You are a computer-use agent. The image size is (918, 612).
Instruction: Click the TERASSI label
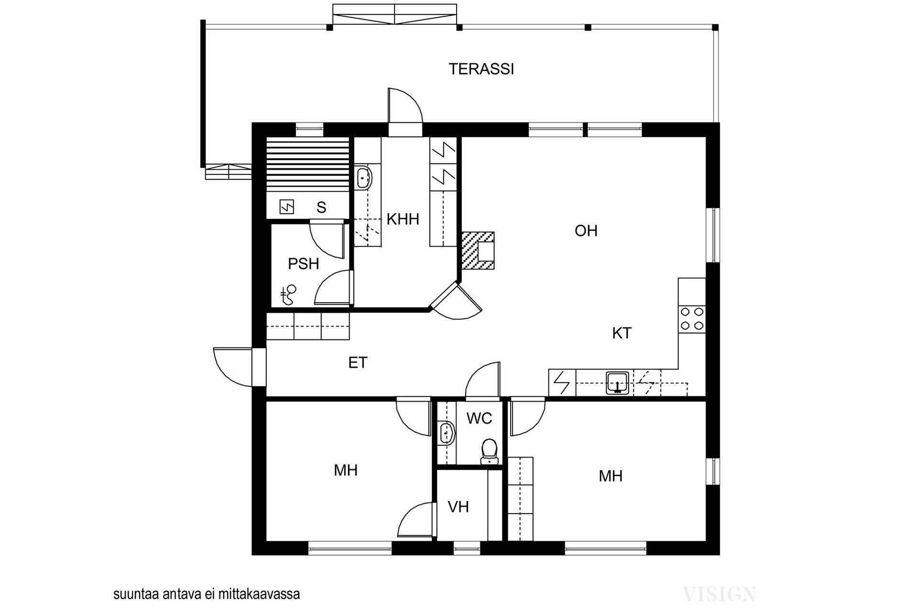(481, 69)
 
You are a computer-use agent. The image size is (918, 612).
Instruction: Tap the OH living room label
(586, 231)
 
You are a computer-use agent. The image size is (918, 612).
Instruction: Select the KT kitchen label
(622, 333)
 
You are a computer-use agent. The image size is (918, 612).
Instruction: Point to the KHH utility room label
(403, 219)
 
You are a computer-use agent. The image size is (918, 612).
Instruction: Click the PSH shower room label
(303, 263)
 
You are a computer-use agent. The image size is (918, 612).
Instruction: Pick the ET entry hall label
(358, 363)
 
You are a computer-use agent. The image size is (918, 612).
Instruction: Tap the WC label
(479, 418)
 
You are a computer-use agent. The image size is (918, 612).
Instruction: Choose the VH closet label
(458, 507)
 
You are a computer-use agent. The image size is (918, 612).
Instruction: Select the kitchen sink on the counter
(619, 383)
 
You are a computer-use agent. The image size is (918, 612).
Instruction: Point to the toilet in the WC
(489, 452)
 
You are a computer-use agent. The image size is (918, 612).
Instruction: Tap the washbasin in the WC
(446, 433)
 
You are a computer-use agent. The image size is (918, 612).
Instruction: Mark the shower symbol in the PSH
(289, 295)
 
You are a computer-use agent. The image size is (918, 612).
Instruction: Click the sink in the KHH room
(364, 178)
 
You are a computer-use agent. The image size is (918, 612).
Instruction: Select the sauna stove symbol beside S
(286, 207)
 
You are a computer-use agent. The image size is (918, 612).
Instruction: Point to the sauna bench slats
(307, 164)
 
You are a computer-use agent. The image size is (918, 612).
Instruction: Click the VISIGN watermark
(720, 594)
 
